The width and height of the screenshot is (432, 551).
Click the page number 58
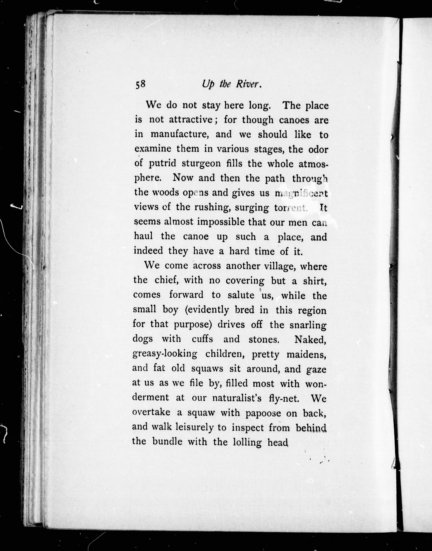coord(140,84)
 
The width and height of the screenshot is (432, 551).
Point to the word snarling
coord(308,325)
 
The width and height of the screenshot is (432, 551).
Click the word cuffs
coord(202,339)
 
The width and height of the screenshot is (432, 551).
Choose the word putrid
coord(162,164)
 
